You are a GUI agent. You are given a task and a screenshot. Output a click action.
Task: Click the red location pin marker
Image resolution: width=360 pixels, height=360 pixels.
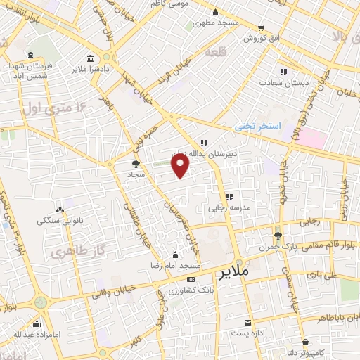pyautogui.click(x=181, y=166)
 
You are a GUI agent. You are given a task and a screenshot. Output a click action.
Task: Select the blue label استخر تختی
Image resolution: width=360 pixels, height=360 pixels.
pyautogui.click(x=258, y=126)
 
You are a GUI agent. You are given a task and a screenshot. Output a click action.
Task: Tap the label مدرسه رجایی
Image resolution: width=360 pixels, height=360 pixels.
pyautogui.click(x=229, y=208)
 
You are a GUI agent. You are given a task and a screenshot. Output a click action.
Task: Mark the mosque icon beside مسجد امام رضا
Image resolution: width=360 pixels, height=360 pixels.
pyautogui.click(x=175, y=255)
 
